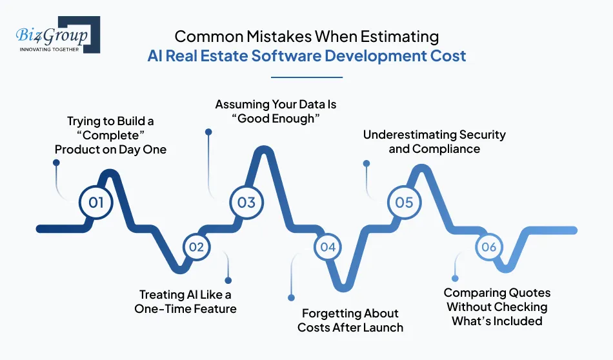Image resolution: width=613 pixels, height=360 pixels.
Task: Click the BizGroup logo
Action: (x=58, y=35)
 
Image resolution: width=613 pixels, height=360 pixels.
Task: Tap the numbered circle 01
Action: (x=95, y=203)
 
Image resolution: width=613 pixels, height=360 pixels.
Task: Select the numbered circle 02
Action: (x=196, y=247)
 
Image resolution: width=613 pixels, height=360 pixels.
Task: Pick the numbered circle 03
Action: (x=246, y=203)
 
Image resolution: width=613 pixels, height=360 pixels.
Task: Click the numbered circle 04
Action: (x=328, y=247)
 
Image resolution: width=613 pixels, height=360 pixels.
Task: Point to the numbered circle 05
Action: (x=404, y=203)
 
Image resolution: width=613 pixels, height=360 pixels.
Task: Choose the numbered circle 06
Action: (x=489, y=247)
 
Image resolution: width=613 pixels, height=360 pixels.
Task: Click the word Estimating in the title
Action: (x=399, y=37)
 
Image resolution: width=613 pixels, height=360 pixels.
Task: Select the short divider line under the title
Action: (x=306, y=77)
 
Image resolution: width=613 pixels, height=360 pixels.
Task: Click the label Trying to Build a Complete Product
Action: (x=110, y=135)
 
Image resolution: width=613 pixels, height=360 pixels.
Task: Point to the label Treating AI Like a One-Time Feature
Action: (x=185, y=301)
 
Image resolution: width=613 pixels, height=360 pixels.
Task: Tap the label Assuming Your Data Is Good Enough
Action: (x=276, y=112)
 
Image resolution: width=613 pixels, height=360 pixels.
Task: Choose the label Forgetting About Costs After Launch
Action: (x=350, y=320)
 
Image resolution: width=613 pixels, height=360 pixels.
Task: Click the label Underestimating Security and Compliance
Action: (x=434, y=141)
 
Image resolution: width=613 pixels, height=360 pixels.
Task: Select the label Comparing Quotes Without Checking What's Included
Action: (x=497, y=307)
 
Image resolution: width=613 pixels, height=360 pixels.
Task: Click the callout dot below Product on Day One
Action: (x=56, y=163)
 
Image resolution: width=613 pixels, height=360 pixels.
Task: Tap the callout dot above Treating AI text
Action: (x=228, y=280)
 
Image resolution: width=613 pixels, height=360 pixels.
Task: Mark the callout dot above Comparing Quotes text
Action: (x=455, y=279)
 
